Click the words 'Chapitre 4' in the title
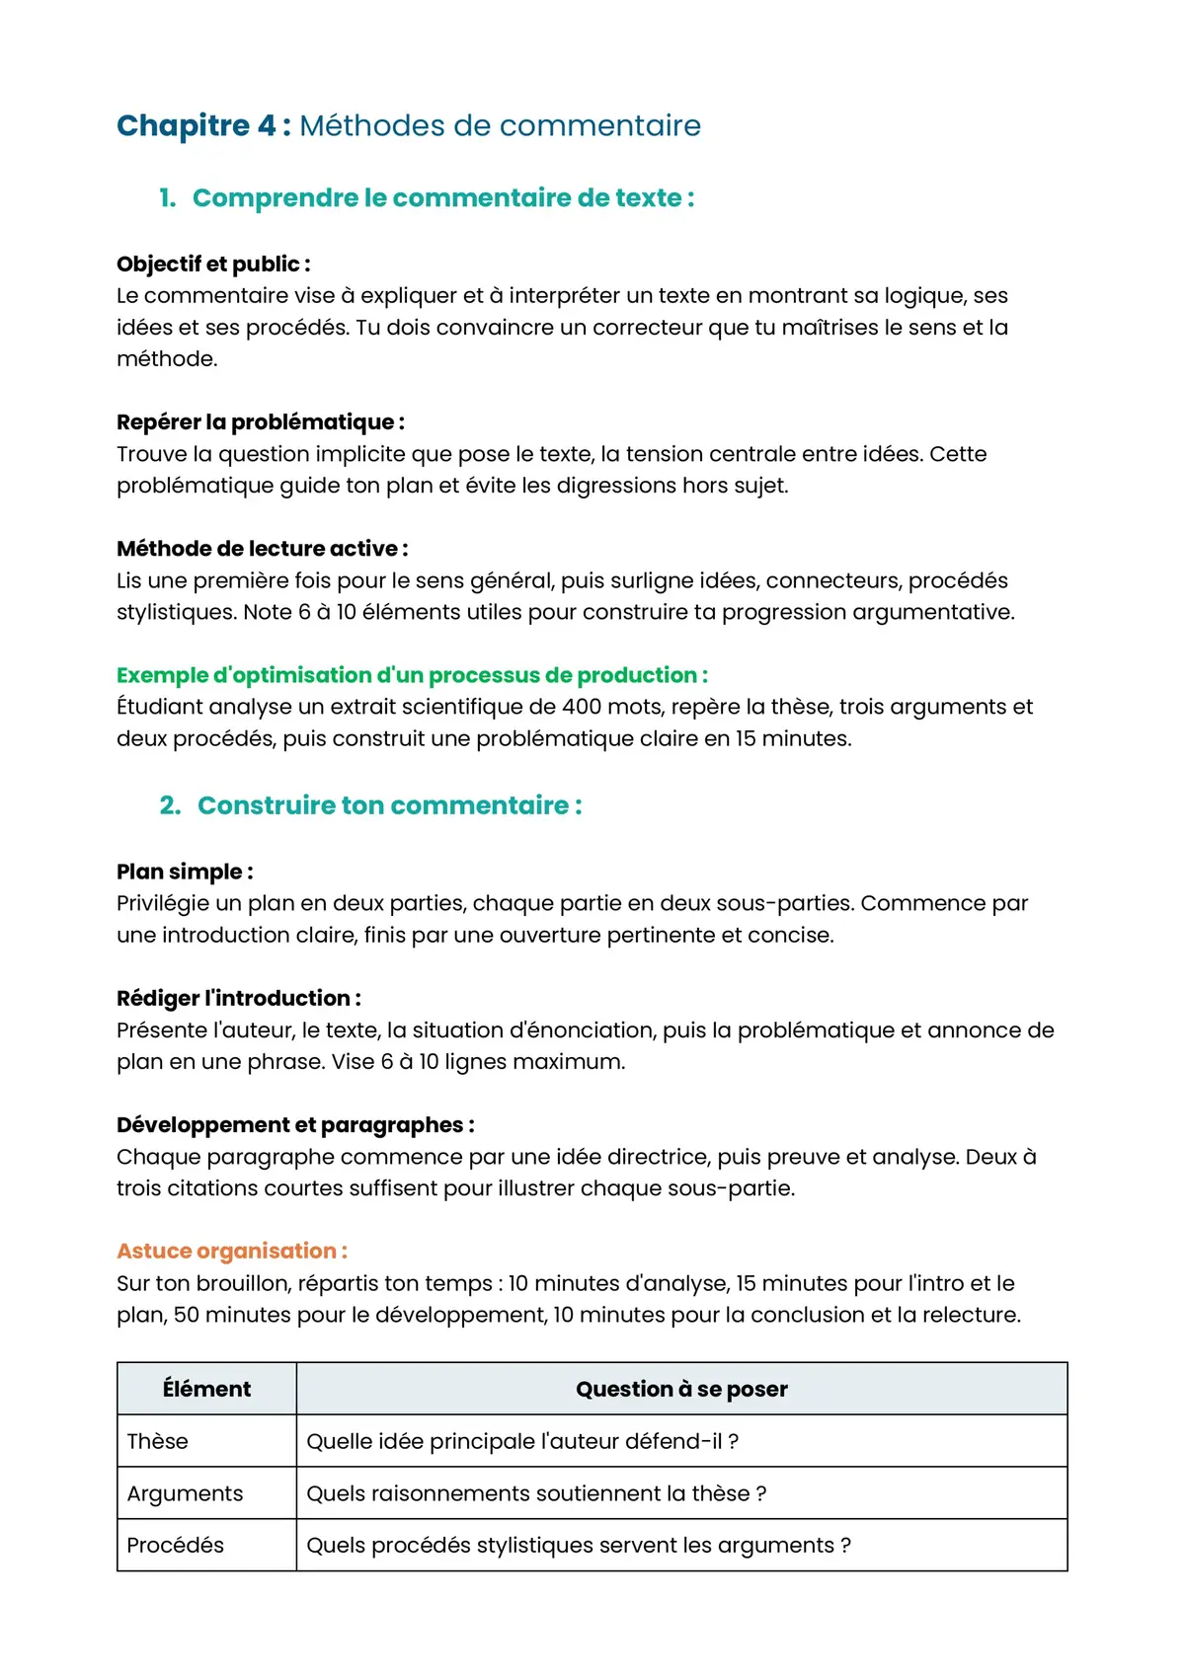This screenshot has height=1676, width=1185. coord(196,125)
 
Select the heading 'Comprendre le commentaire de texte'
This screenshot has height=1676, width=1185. coord(442,197)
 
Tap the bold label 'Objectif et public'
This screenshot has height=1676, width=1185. coord(212,264)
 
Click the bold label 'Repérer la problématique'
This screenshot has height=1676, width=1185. coord(260,421)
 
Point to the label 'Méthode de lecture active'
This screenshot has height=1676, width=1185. coord(262,548)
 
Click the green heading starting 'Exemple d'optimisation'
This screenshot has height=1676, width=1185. coord(412,675)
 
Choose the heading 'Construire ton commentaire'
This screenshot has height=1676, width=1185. coord(389,805)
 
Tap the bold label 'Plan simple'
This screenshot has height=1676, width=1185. coord(184,872)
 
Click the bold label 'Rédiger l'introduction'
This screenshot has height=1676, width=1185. coord(238,998)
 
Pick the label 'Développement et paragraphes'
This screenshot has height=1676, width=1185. coord(294,1124)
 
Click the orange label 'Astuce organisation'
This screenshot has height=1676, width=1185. coord(231,1251)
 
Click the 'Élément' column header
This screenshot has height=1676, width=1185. coord(206,1389)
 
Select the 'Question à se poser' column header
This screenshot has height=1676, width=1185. coord(681,1389)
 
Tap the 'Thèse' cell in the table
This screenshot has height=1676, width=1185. coord(158,1441)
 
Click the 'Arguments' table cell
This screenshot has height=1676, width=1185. coord(185,1493)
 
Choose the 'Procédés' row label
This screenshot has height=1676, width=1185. coord(176,1545)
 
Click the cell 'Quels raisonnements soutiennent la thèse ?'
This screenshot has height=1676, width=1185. coord(536,1493)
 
